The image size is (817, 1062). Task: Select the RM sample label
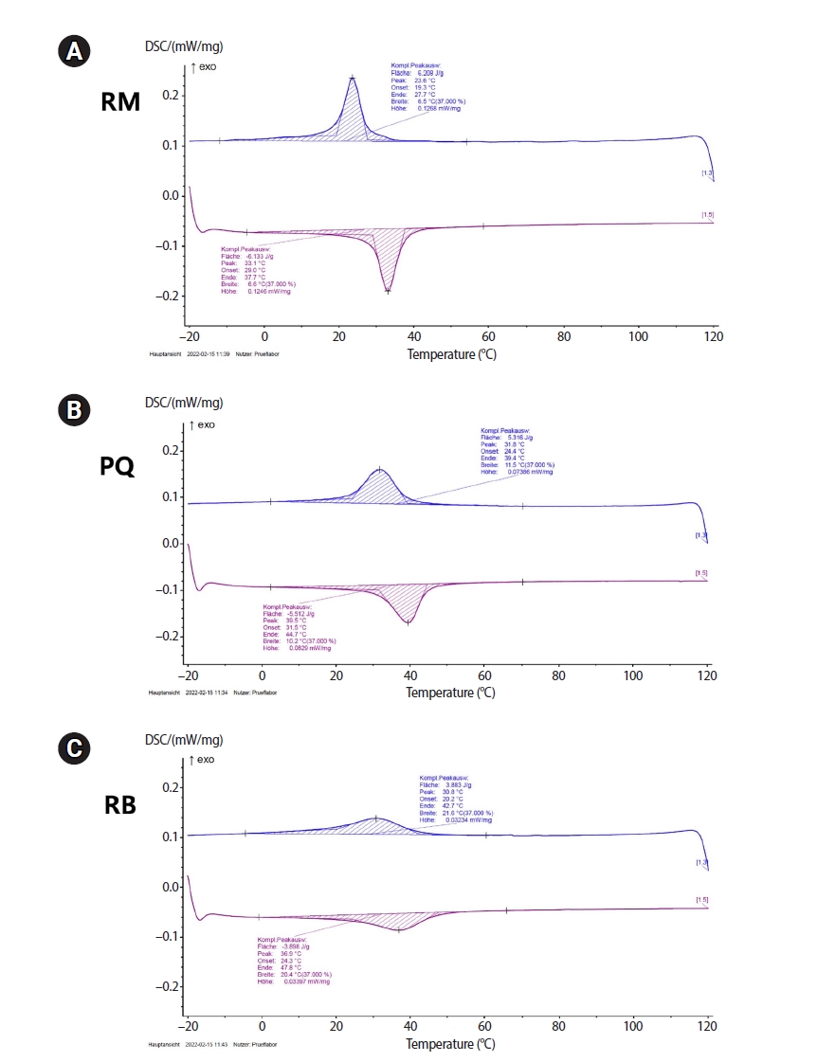(120, 103)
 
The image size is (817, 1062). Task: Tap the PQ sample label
(118, 466)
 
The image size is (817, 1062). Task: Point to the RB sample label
(118, 805)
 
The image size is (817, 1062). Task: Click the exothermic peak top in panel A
(353, 78)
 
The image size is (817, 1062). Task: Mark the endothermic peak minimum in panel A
(388, 291)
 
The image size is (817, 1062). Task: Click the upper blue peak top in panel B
(380, 469)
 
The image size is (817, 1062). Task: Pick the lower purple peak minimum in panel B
(408, 621)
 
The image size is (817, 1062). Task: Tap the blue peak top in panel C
(376, 818)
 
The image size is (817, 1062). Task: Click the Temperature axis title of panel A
(451, 354)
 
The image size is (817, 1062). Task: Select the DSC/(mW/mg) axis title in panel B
(183, 403)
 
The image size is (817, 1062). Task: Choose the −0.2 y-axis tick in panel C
(166, 986)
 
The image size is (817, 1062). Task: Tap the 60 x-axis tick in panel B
(484, 676)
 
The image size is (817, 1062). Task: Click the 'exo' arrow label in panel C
(202, 760)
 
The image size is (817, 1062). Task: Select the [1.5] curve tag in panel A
(707, 215)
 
